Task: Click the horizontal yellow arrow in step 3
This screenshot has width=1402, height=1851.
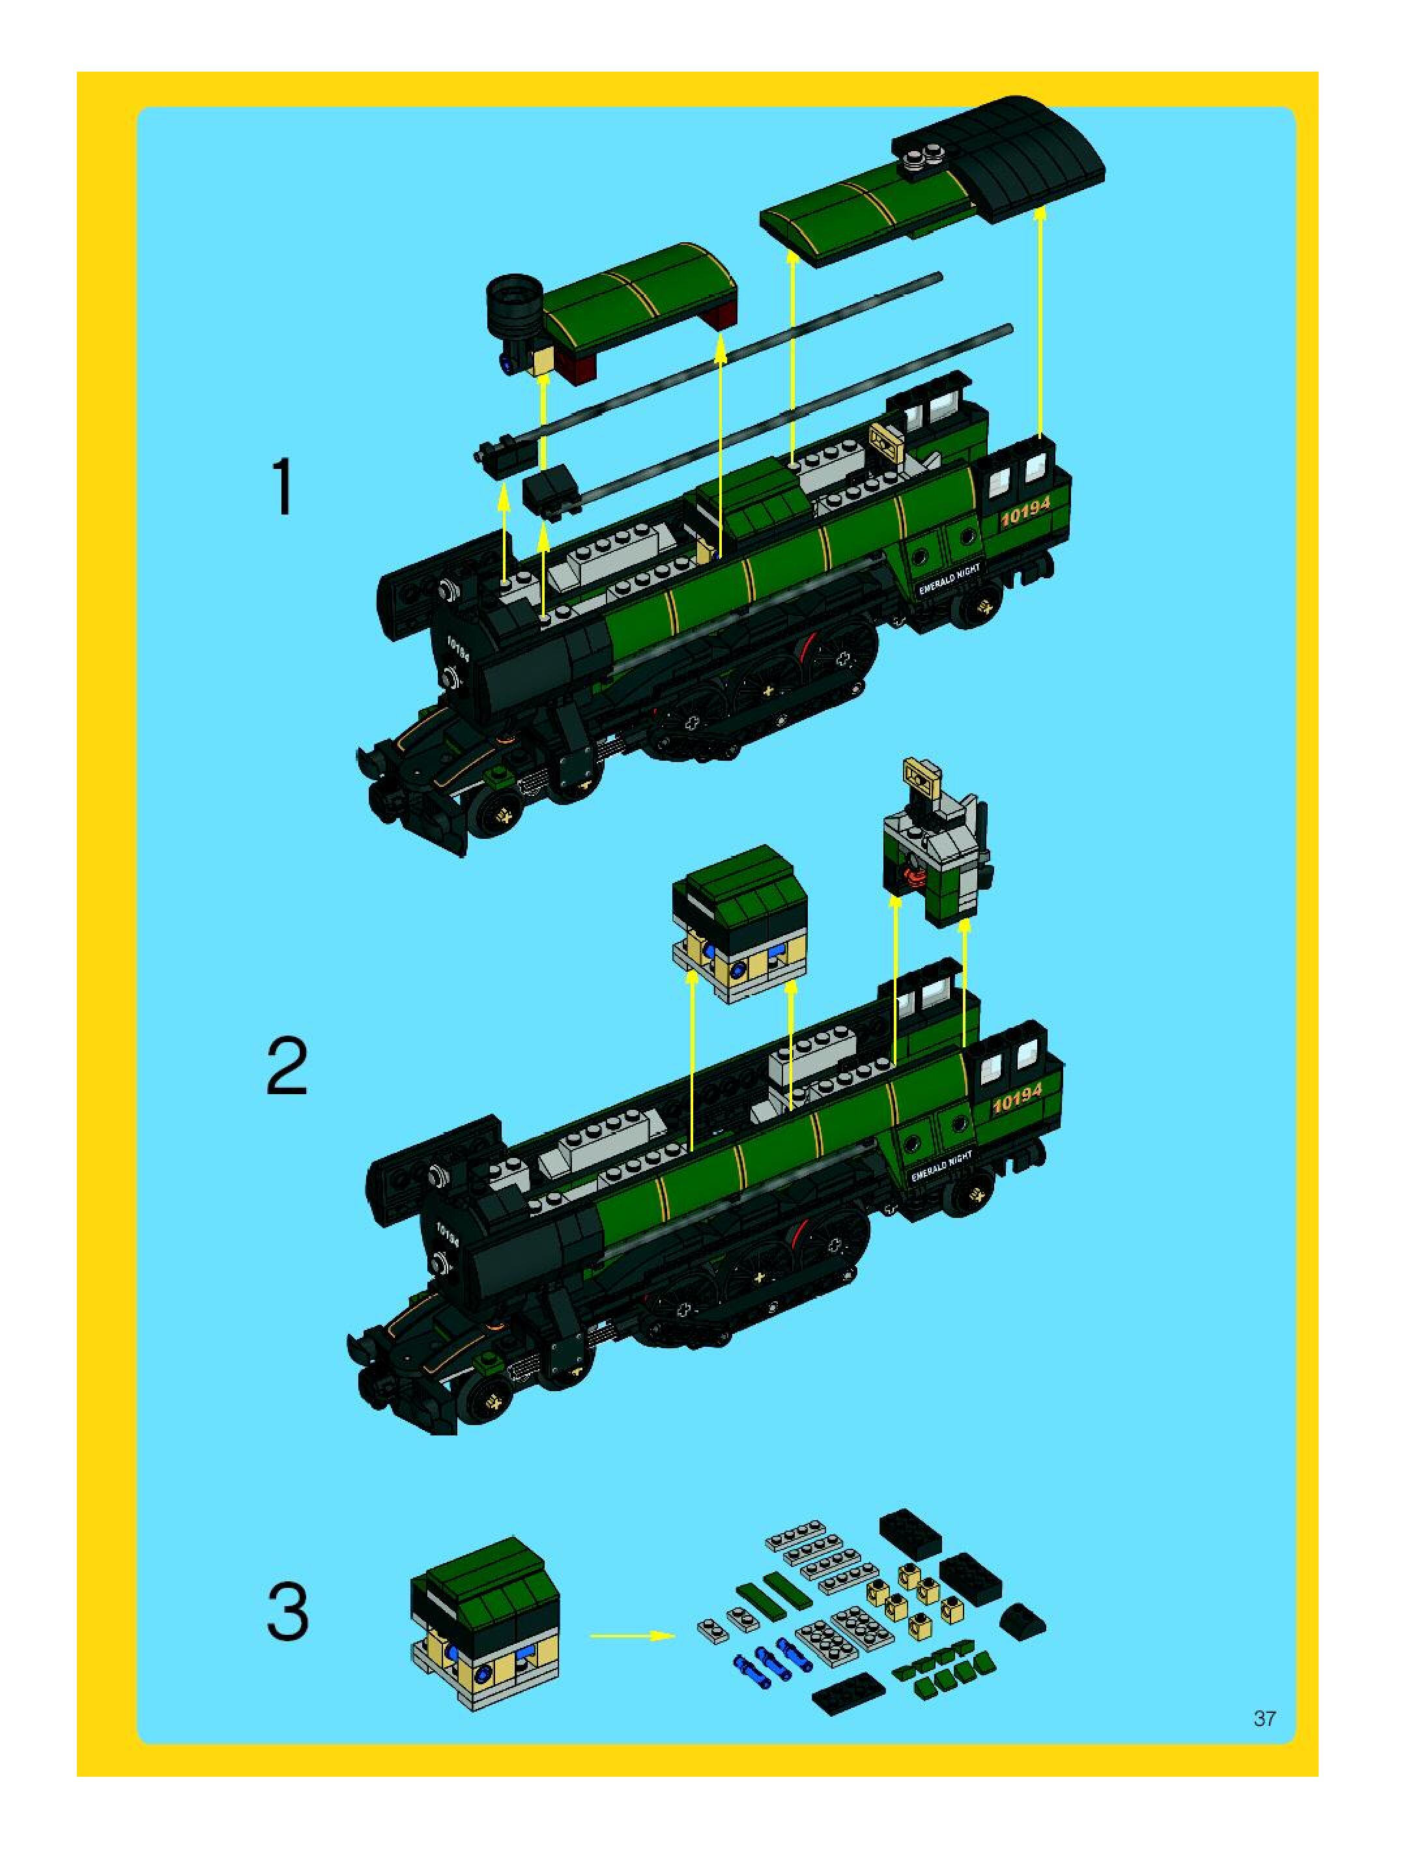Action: pos(632,1635)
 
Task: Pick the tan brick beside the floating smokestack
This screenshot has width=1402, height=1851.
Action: pos(543,361)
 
